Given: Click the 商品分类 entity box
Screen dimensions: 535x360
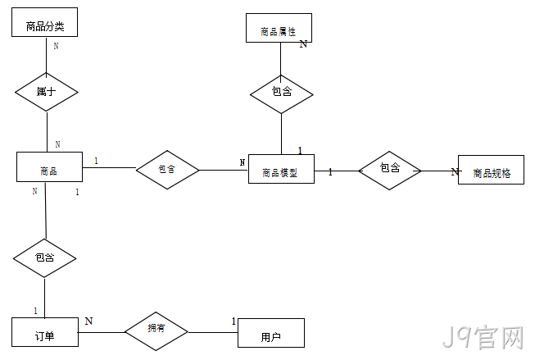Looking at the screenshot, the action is click(45, 22).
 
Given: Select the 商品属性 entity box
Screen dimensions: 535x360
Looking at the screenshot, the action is click(279, 28).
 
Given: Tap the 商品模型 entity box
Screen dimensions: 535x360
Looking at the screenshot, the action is click(281, 169).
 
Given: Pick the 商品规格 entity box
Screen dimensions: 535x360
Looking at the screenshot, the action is click(491, 170).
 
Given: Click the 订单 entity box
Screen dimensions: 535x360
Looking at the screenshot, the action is click(45, 332).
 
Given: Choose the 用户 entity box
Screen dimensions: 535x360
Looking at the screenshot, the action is click(271, 333).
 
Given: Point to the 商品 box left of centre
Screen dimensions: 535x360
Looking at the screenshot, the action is click(49, 166).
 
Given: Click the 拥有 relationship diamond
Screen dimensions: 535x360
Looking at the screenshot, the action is click(156, 331).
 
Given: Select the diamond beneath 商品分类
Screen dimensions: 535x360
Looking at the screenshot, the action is click(47, 92).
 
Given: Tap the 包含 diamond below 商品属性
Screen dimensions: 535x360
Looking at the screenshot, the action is click(282, 94).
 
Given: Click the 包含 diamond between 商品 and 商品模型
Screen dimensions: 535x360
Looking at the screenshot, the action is click(167, 170).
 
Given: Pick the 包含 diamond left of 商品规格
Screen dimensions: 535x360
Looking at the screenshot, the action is click(390, 171).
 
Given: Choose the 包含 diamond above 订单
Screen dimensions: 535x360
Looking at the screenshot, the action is click(45, 258).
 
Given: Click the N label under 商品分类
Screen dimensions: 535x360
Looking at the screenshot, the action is click(57, 46).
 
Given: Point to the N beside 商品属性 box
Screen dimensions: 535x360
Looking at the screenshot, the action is click(303, 43).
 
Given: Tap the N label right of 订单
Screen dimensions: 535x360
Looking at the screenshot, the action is click(88, 321).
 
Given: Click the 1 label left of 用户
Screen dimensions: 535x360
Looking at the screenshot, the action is click(233, 321).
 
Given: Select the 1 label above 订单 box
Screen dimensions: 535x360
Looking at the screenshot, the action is click(35, 311).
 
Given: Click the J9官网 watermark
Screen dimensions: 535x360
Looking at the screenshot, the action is click(483, 337).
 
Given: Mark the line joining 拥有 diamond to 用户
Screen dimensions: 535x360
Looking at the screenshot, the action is click(213, 332).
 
